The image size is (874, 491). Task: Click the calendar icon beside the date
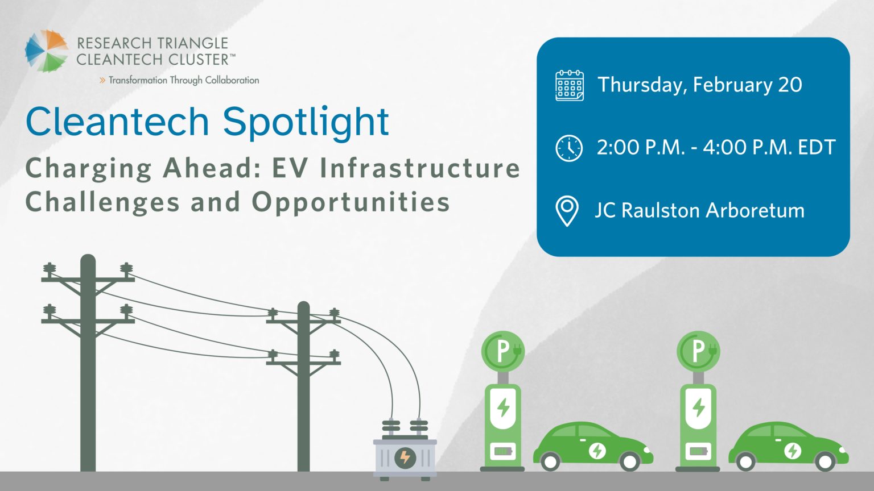pyautogui.click(x=569, y=85)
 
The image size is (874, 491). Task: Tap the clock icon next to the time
pyautogui.click(x=568, y=148)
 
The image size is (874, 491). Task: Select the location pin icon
pyautogui.click(x=567, y=211)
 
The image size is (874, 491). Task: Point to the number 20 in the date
pyautogui.click(x=790, y=85)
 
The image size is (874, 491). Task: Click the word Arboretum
pyautogui.click(x=755, y=211)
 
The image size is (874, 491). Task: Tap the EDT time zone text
pyautogui.click(x=817, y=148)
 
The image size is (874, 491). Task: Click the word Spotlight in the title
pyautogui.click(x=306, y=123)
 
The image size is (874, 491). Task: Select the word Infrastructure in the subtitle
pyautogui.click(x=420, y=168)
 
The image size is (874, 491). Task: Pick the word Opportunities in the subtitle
pyautogui.click(x=351, y=202)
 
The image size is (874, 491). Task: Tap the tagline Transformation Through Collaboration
pyautogui.click(x=183, y=80)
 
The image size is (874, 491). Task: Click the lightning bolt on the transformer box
pyautogui.click(x=405, y=457)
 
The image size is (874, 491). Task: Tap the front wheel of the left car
pyautogui.click(x=630, y=461)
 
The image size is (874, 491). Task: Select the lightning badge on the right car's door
pyautogui.click(x=793, y=451)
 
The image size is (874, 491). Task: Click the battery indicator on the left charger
pyautogui.click(x=502, y=451)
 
